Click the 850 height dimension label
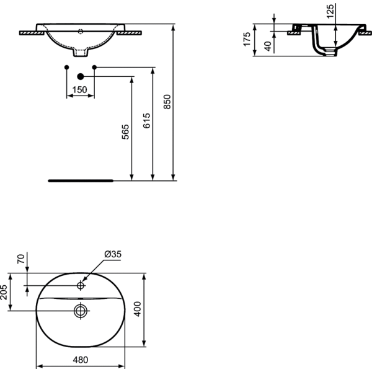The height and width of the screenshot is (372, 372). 167,102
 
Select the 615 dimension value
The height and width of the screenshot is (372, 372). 146,121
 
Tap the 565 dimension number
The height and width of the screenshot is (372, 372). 125,132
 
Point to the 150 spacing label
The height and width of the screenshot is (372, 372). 80,90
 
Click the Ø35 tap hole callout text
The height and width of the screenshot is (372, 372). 113,254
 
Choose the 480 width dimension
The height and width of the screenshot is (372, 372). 81,360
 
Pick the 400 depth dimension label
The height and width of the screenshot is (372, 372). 138,309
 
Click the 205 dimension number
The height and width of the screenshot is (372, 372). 4,292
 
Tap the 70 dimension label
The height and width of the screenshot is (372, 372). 21,259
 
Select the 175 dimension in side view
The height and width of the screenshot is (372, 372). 247,39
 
